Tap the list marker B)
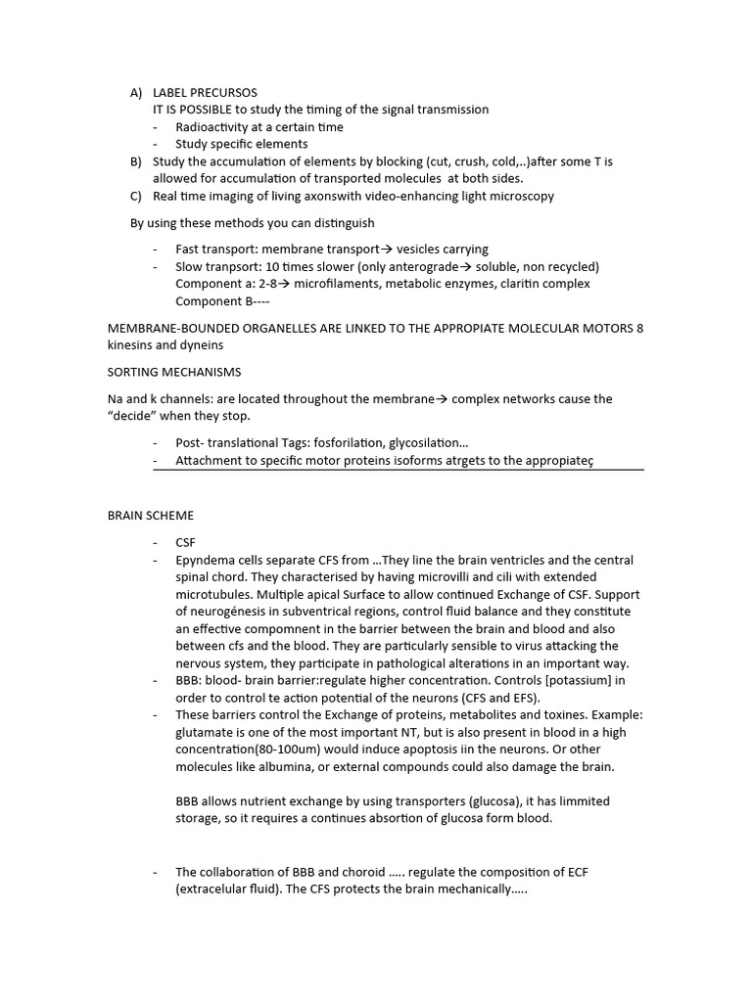point(136,161)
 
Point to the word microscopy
point(523,196)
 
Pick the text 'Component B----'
point(215,301)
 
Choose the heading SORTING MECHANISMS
point(173,372)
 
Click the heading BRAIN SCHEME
point(150,515)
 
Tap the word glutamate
point(206,733)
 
